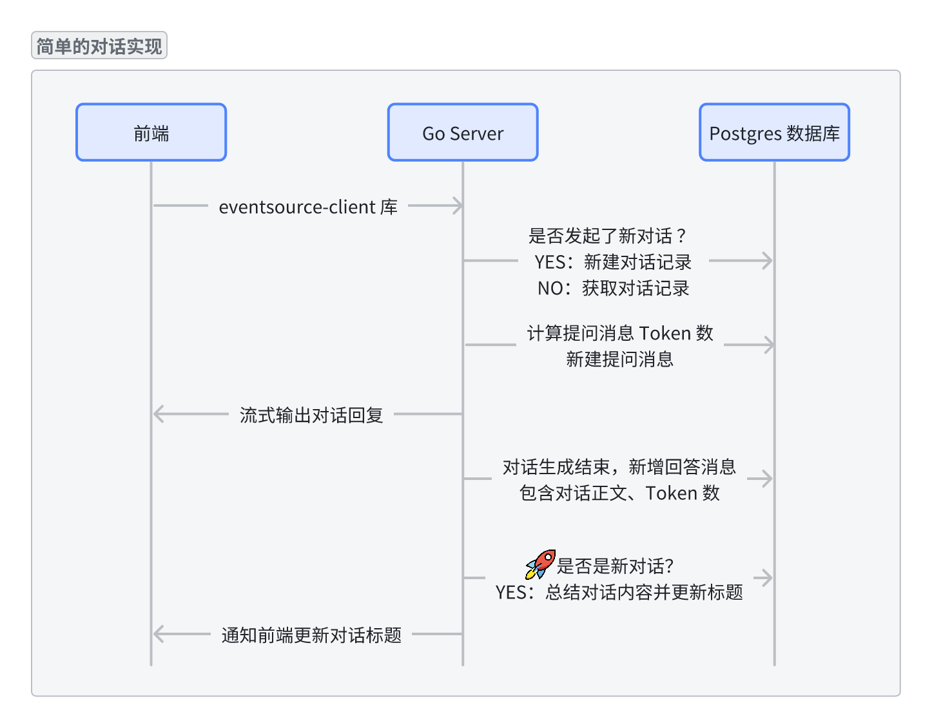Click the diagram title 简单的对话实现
click(99, 46)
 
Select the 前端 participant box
click(151, 133)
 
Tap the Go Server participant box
click(462, 133)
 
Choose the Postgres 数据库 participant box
click(774, 133)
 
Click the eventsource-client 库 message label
click(308, 207)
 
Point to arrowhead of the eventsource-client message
click(458, 206)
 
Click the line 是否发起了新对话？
click(607, 236)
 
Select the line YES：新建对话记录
click(612, 262)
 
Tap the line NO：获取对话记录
click(613, 288)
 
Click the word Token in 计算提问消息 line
click(665, 333)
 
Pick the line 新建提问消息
click(619, 359)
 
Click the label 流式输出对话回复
click(311, 415)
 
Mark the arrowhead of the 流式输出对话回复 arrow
click(158, 414)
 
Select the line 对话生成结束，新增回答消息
click(619, 466)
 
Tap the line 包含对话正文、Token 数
click(619, 493)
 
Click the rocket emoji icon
click(540, 564)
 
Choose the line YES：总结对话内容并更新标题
click(619, 592)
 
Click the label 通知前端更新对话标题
click(311, 635)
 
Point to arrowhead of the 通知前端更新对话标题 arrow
click(158, 634)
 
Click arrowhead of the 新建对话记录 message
click(768, 261)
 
